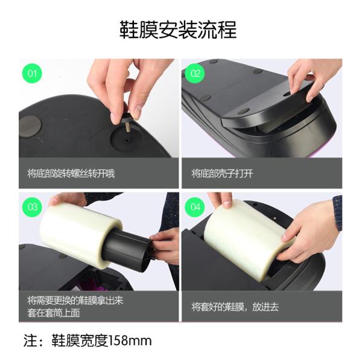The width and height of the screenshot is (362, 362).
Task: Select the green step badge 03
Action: pyautogui.click(x=32, y=207)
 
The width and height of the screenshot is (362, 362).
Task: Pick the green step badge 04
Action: pyautogui.click(x=195, y=207)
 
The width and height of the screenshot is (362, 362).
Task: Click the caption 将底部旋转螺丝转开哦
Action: pyautogui.click(x=71, y=174)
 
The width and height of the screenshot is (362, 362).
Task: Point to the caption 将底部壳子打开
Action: pyautogui.click(x=221, y=174)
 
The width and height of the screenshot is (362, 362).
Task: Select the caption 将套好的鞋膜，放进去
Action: pyautogui.click(x=235, y=306)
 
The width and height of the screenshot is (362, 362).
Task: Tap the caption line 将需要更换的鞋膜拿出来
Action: pyautogui.click(x=75, y=300)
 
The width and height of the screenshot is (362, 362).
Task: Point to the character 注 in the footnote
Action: pyautogui.click(x=28, y=341)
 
